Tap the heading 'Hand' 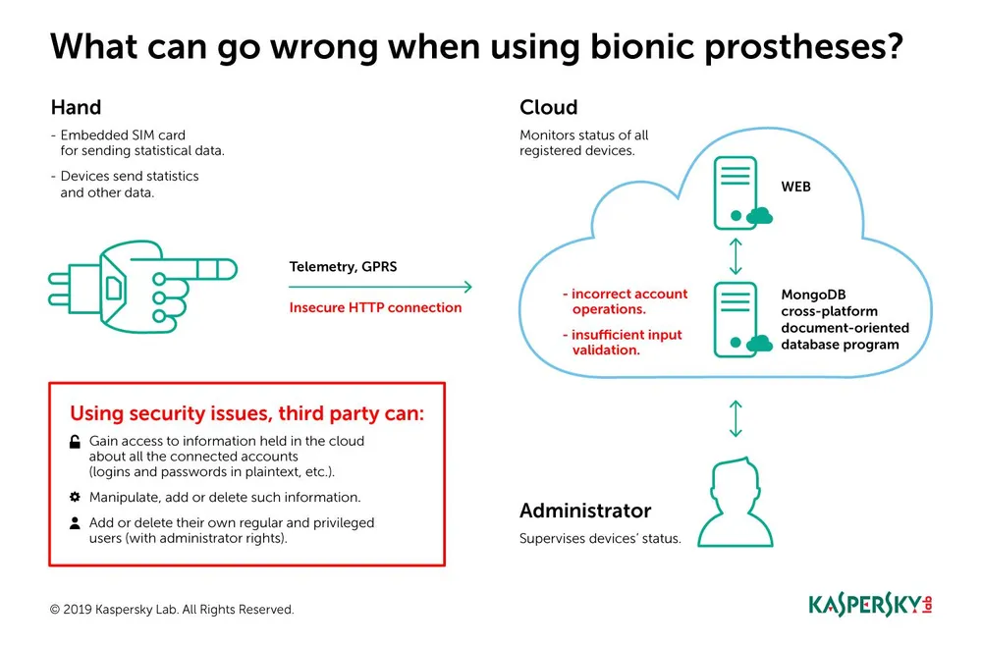(76, 108)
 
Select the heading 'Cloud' (548, 108)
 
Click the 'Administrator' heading (584, 511)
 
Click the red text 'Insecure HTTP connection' (375, 307)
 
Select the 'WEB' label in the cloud (795, 187)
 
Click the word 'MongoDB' (813, 294)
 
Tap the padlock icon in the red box (75, 443)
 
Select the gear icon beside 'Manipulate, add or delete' (75, 497)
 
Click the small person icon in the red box (75, 523)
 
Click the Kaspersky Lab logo (869, 603)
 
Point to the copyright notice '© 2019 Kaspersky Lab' (172, 610)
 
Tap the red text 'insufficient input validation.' (623, 342)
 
